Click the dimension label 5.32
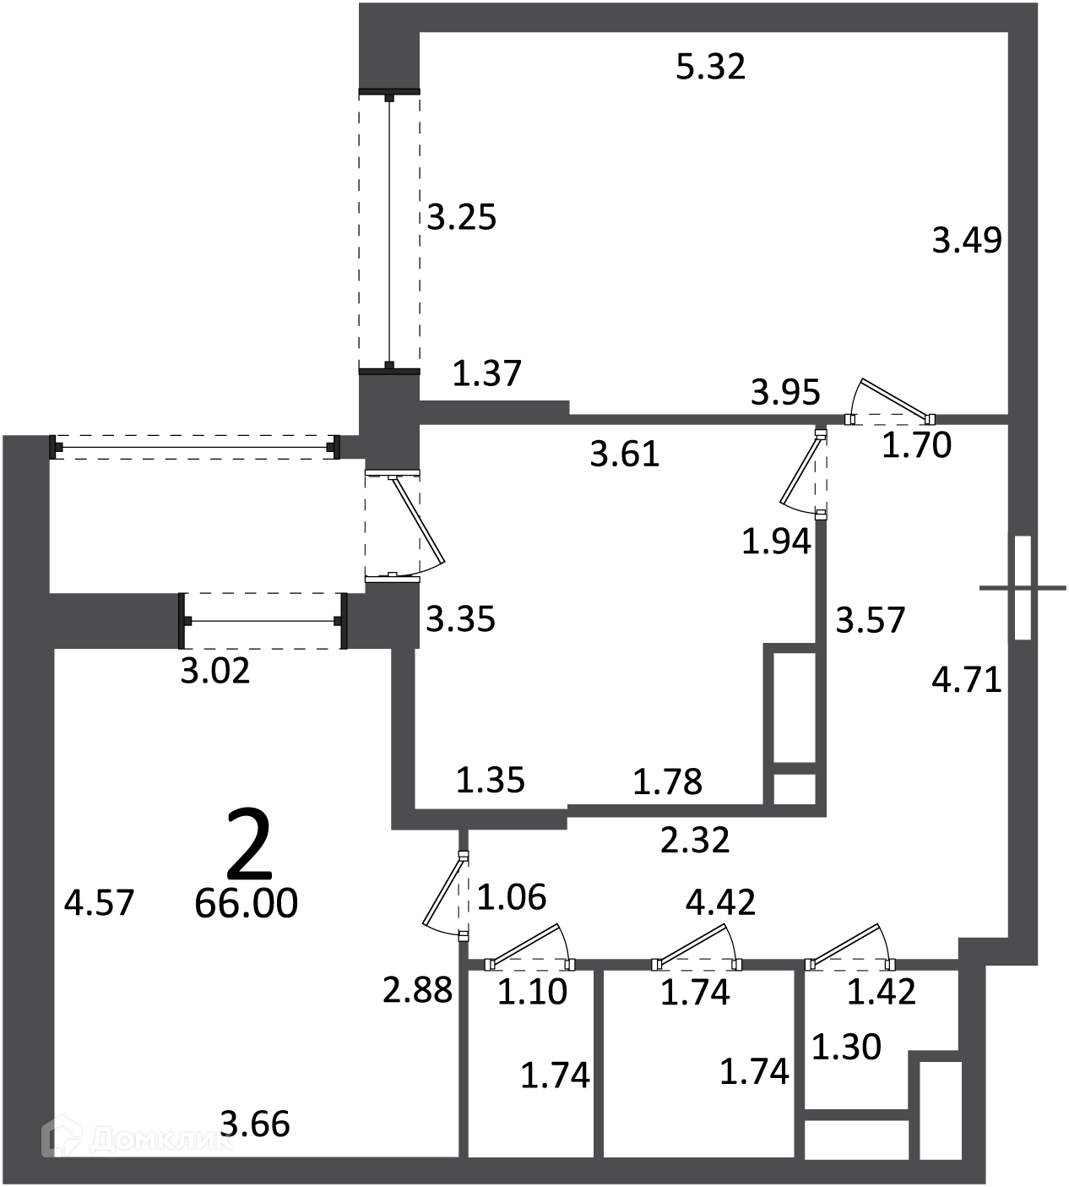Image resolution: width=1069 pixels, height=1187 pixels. (710, 67)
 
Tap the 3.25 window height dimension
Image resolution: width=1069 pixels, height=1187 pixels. (461, 217)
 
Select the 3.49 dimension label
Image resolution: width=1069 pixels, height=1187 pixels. (967, 240)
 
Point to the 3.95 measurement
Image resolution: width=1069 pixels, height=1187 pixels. (785, 392)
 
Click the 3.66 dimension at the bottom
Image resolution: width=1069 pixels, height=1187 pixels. (255, 1124)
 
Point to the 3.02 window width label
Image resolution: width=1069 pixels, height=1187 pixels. (214, 672)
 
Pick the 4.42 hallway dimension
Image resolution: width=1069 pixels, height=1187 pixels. (720, 902)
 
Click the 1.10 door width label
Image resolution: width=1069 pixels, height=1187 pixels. (533, 992)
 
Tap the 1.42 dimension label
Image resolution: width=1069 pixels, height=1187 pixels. (882, 992)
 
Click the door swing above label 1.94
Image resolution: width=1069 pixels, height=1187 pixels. (803, 471)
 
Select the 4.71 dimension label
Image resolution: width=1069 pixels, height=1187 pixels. (967, 679)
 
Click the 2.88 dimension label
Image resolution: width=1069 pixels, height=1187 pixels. (418, 990)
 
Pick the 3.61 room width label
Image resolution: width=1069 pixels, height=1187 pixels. (625, 455)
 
